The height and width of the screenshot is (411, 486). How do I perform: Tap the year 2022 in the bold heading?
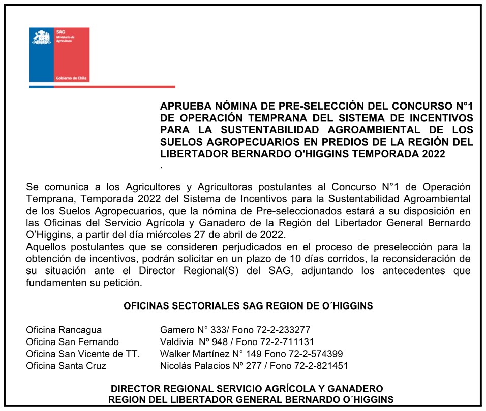(x=434, y=154)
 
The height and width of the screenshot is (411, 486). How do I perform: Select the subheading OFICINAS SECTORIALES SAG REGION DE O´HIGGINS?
(x=248, y=306)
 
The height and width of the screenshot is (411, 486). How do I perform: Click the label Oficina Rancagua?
(x=64, y=330)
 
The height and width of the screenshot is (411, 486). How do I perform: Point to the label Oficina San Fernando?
(x=73, y=342)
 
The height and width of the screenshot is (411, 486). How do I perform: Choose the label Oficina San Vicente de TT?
(x=83, y=354)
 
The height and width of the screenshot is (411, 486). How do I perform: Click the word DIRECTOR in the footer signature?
(x=135, y=389)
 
